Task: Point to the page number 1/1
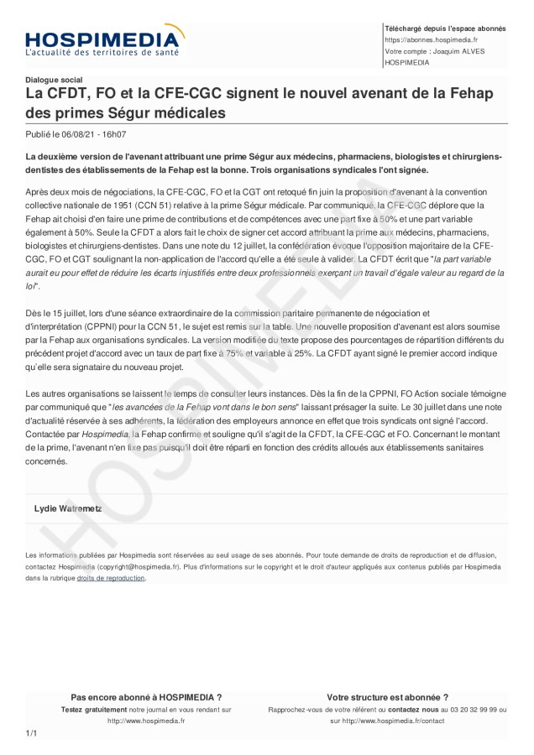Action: click(32, 734)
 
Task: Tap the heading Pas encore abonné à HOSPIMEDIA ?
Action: click(146, 697)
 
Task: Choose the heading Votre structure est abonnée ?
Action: click(387, 697)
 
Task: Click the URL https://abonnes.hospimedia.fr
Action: click(431, 39)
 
